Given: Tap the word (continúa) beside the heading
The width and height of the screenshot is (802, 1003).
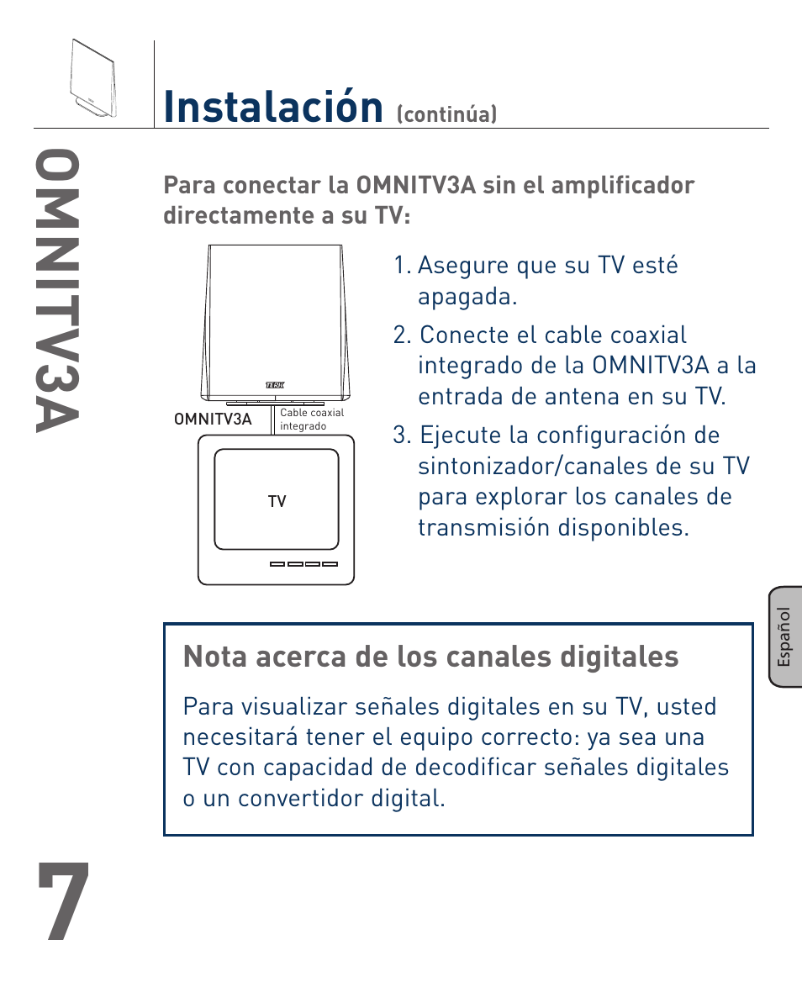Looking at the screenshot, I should click(x=446, y=114).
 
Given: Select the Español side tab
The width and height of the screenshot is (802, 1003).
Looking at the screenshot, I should click(x=784, y=637).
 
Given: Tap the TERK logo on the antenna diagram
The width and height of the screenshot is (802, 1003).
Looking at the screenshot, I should click(x=275, y=384).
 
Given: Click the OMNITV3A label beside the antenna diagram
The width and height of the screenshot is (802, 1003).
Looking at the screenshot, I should click(x=213, y=419).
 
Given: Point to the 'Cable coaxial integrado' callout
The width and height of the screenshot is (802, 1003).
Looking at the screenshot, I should click(x=311, y=420).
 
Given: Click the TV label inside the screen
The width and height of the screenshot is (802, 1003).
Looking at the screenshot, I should click(x=277, y=502).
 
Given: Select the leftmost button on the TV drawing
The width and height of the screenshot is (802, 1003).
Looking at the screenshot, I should click(x=278, y=564).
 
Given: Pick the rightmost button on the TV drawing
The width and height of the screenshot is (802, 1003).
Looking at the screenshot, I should click(x=330, y=564).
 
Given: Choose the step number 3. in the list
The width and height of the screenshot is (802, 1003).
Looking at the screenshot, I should click(x=403, y=436).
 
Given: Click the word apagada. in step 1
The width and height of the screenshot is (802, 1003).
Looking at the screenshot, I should click(x=467, y=297).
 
